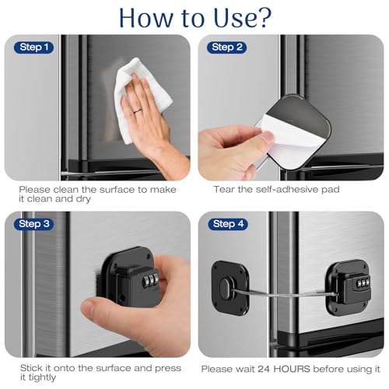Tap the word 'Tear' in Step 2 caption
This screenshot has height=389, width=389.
coord(225,189)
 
